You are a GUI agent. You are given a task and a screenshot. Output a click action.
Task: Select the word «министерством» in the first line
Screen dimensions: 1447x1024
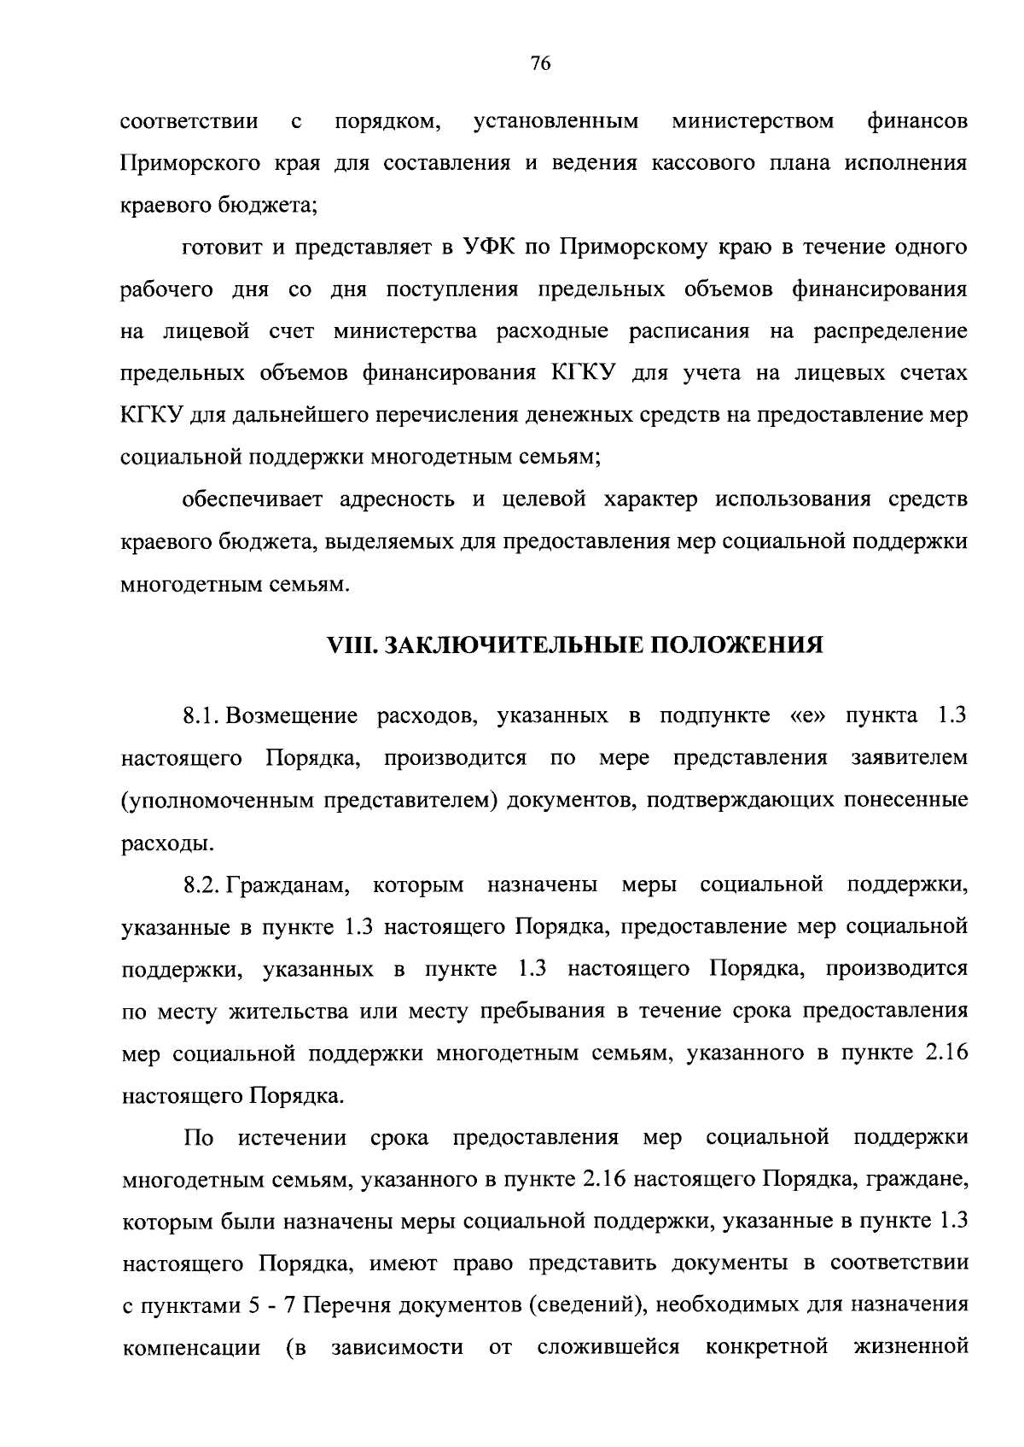(753, 121)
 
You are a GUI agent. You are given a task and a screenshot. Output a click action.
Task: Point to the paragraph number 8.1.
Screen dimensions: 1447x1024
(204, 715)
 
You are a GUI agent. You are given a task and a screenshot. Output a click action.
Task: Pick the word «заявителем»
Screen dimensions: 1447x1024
(909, 758)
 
